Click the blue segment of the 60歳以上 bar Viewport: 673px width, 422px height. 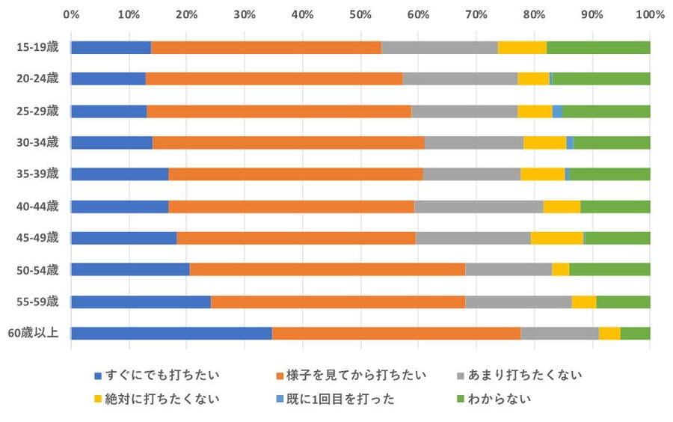[171, 334]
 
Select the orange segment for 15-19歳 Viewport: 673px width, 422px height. [266, 47]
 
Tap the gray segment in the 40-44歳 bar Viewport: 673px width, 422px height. [479, 207]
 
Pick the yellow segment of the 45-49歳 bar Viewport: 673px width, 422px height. [557, 238]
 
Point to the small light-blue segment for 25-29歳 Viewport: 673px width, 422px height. [557, 111]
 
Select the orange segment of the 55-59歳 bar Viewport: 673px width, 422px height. [338, 302]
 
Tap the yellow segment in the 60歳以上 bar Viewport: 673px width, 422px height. [609, 334]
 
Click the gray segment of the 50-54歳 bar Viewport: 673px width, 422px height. [508, 269]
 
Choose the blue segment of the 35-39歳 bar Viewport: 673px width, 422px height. [120, 174]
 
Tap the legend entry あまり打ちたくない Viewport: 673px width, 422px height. [523, 374]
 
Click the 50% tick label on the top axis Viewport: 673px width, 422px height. [360, 14]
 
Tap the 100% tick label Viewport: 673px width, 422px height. [649, 14]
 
